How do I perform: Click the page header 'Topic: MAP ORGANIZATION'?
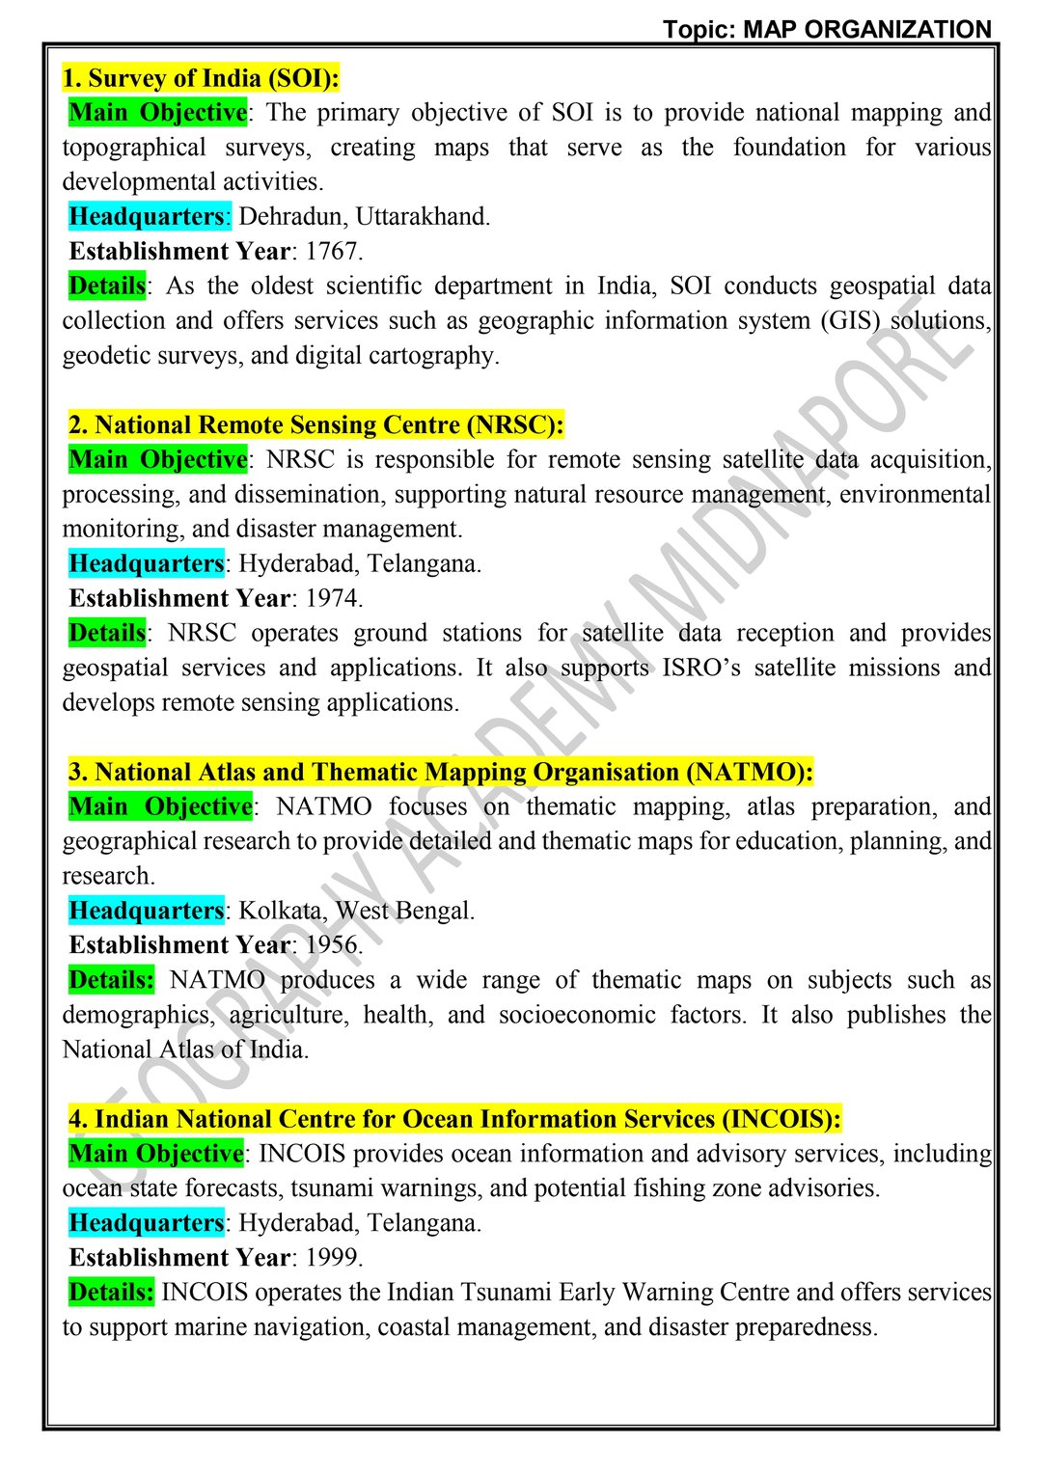827,29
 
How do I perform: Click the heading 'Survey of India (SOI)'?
201,78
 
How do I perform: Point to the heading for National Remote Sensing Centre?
315,425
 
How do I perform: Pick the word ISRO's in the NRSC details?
700,668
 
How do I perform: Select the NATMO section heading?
441,773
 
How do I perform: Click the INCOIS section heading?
454,1120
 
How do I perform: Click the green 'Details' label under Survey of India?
107,286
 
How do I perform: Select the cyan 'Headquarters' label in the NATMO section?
147,912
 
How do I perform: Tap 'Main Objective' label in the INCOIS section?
156,1154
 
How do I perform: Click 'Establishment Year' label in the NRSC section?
179,599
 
